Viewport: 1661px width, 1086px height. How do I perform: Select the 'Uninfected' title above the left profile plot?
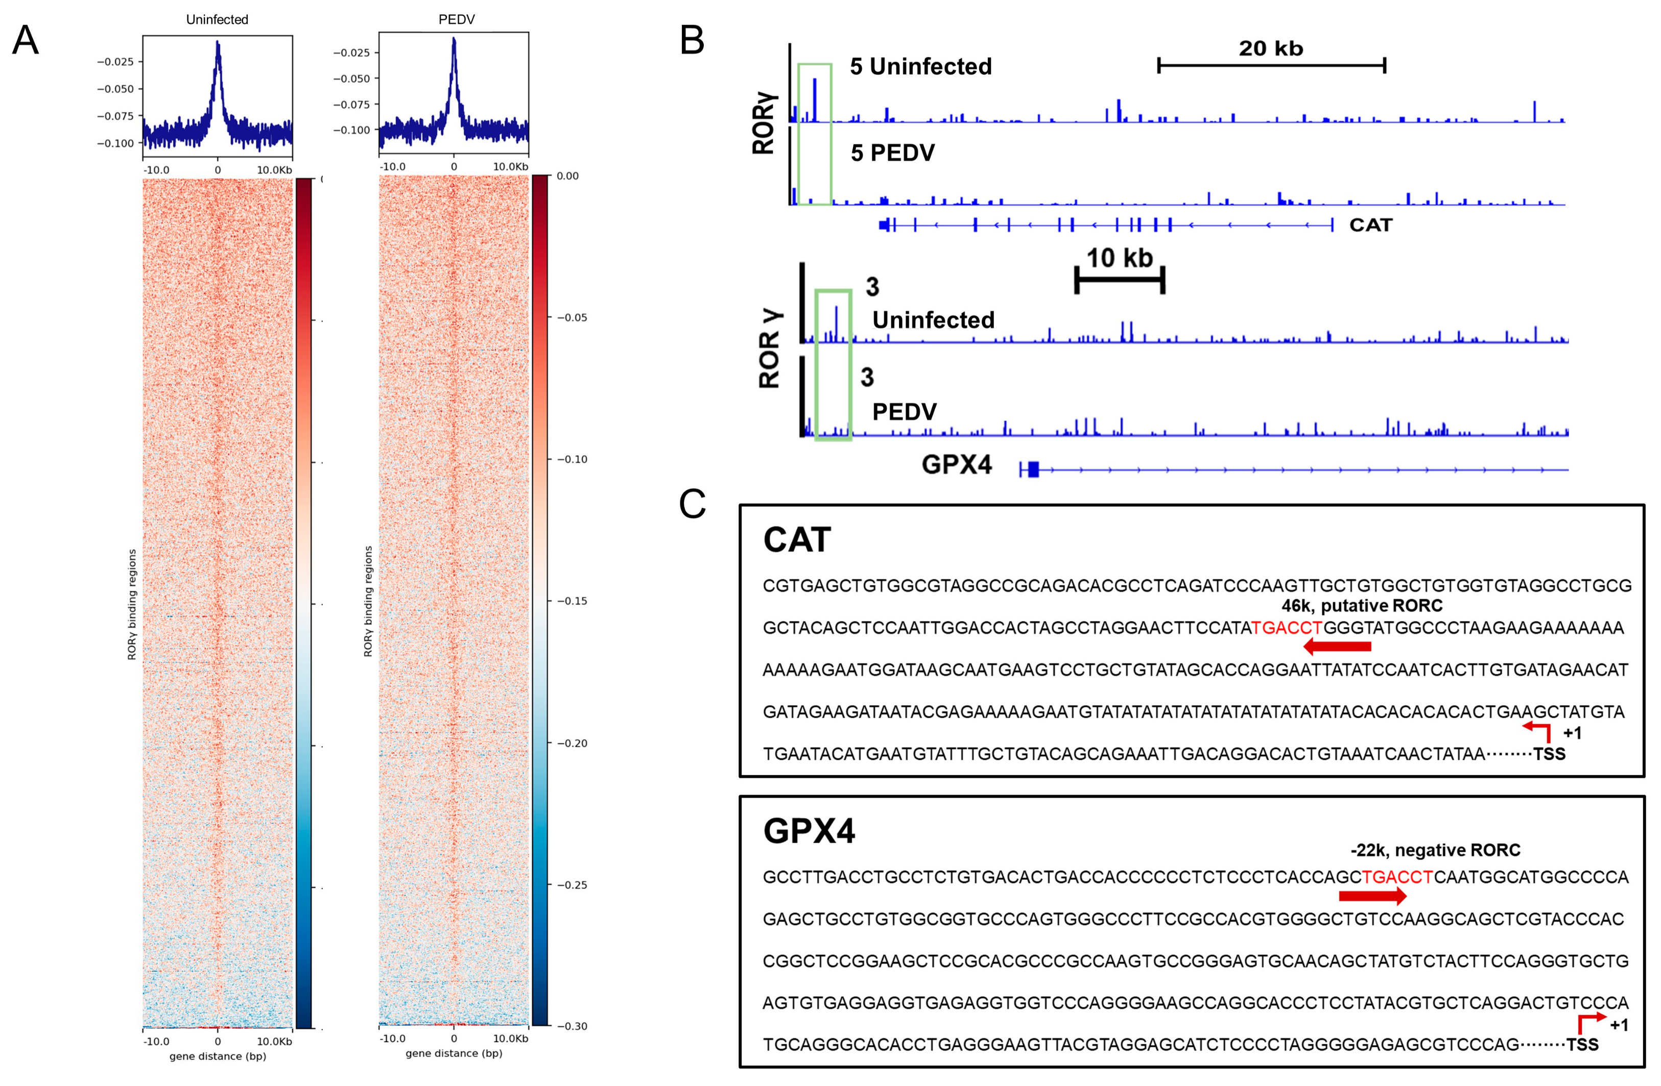217,19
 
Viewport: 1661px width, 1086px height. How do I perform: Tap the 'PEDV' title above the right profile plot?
457,19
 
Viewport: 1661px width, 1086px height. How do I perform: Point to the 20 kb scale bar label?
1271,48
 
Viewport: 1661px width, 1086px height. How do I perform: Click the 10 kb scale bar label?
1120,258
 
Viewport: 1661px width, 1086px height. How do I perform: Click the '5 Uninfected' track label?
920,67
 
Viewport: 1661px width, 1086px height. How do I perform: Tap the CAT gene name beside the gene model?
1371,225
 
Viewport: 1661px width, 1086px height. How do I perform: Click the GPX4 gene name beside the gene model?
956,464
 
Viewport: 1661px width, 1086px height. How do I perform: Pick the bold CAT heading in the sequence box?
797,540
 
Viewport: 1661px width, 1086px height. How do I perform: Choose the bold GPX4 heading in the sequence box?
809,831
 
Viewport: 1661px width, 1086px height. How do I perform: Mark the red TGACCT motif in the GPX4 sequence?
1397,877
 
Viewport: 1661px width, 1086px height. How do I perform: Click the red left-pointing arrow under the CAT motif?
1337,647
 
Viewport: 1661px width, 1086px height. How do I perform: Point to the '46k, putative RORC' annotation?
1362,605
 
